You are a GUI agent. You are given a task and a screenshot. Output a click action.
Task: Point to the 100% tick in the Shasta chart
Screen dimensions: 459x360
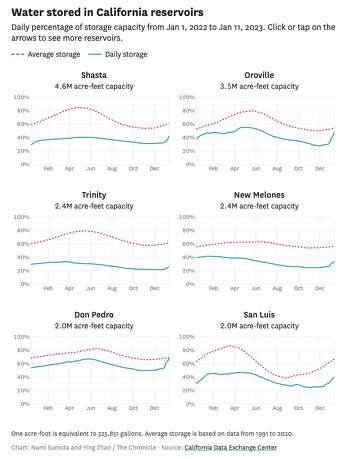click(x=19, y=97)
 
